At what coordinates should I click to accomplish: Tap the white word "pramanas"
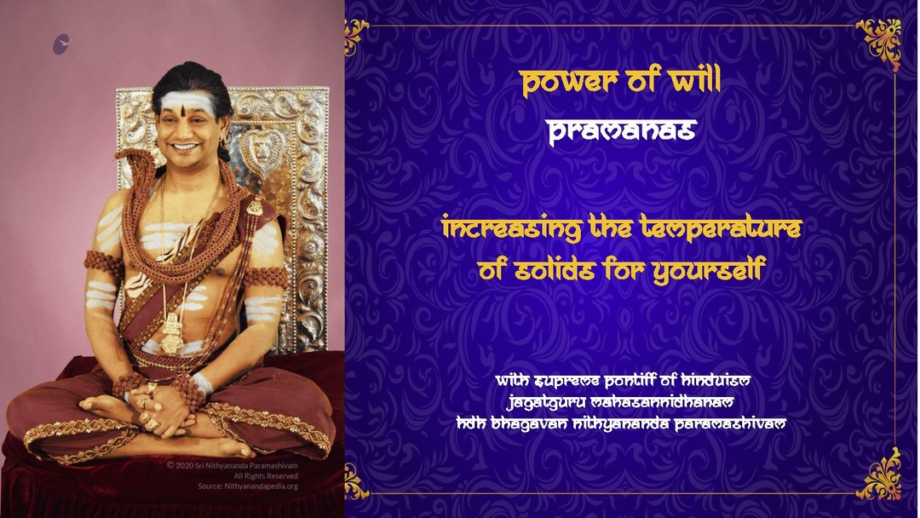pyautogui.click(x=622, y=131)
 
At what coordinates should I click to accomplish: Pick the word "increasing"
pyautogui.click(x=512, y=228)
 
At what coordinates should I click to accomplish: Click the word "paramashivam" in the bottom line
pyautogui.click(x=730, y=423)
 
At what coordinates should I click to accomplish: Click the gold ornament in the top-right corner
pyautogui.click(x=879, y=41)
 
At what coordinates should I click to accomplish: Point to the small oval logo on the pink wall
pyautogui.click(x=61, y=44)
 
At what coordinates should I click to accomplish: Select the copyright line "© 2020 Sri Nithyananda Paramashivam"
pyautogui.click(x=233, y=465)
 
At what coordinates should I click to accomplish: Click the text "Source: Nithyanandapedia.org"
pyautogui.click(x=248, y=486)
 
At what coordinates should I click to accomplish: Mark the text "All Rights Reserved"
pyautogui.click(x=266, y=475)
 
